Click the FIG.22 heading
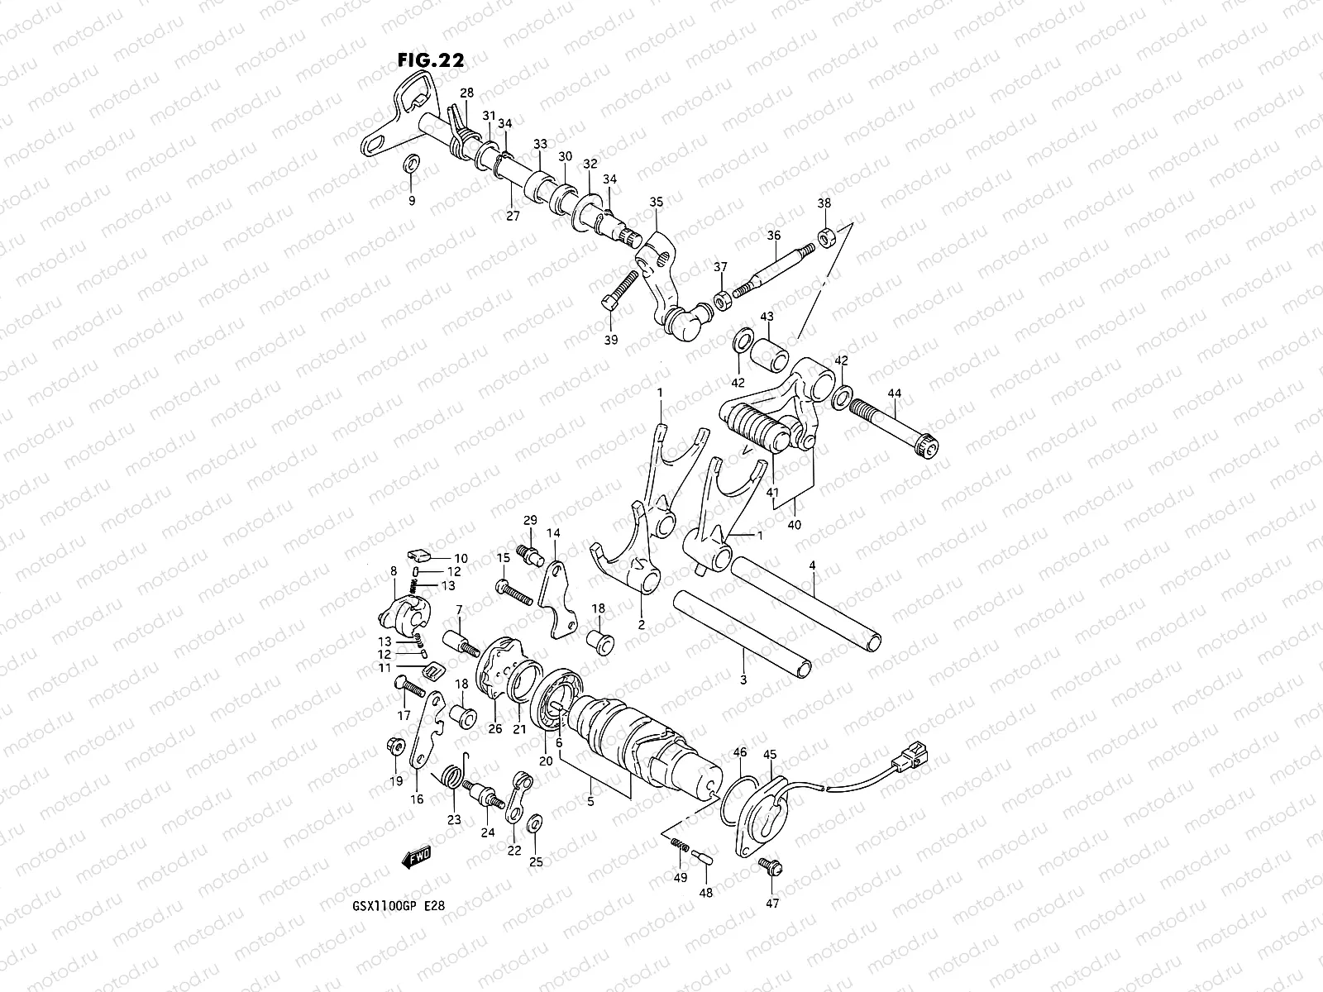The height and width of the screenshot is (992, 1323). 430,60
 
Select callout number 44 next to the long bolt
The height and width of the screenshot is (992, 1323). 896,393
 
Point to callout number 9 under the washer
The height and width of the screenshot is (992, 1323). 412,200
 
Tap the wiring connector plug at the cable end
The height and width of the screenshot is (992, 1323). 915,754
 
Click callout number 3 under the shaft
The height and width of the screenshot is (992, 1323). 743,680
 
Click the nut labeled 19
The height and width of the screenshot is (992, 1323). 395,746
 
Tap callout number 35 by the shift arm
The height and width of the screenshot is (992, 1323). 657,202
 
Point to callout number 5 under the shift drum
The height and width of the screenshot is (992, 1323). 591,800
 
